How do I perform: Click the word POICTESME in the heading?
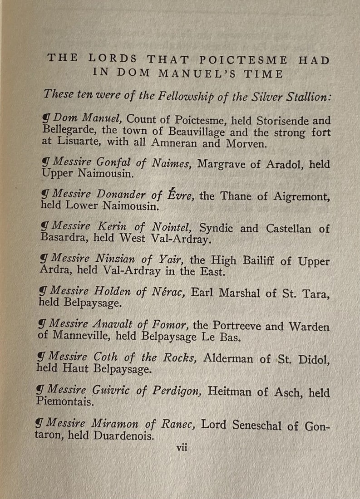[243, 59]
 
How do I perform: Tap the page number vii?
[182, 447]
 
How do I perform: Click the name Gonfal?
[113, 163]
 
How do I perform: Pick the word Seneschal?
[259, 426]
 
